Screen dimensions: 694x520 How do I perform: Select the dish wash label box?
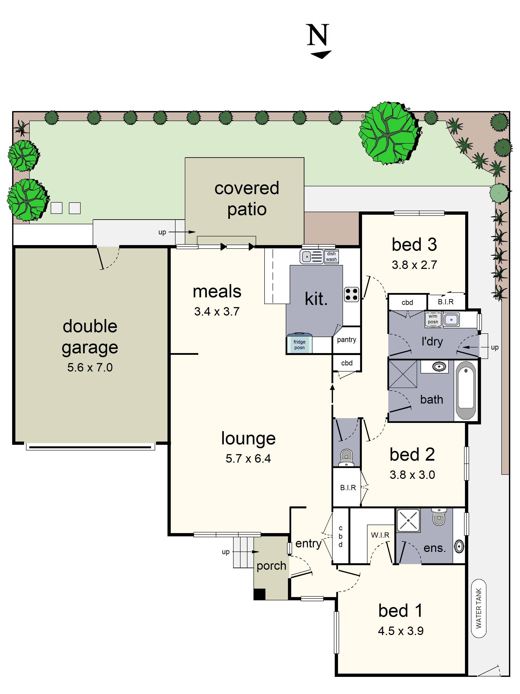(331, 256)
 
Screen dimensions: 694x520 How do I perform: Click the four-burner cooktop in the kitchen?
(351, 294)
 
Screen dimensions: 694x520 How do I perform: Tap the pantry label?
(346, 339)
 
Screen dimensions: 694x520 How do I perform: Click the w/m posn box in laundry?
(433, 319)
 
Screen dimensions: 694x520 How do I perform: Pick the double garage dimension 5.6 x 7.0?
(90, 367)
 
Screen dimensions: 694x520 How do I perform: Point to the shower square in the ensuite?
(408, 520)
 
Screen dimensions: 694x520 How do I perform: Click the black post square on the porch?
(260, 594)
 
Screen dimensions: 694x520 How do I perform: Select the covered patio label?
(247, 199)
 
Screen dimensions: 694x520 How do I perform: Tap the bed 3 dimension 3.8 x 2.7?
(414, 265)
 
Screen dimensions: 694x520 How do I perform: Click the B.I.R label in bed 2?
(348, 488)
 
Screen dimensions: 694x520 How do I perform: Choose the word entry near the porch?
(309, 543)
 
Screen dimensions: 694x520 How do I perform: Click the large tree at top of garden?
(389, 133)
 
